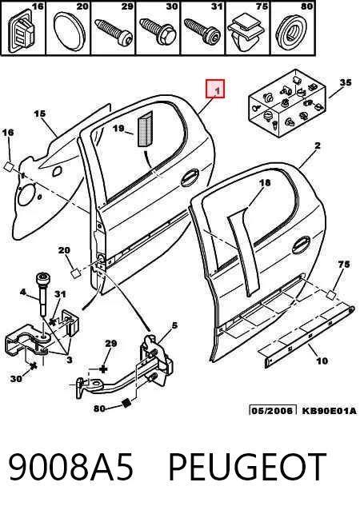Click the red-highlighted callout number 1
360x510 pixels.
tap(215, 89)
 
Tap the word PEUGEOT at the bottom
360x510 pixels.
tap(247, 467)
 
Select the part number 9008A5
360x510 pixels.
tap(70, 467)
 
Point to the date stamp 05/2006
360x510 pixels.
tap(273, 410)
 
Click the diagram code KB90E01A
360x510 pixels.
tap(329, 410)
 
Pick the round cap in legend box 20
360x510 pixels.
tap(69, 31)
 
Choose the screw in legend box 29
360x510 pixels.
tap(114, 30)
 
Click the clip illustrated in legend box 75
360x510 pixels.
tap(245, 34)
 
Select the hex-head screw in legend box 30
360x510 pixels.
tap(158, 30)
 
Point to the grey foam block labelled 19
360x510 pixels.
tap(145, 129)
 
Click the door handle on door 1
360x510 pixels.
tap(190, 177)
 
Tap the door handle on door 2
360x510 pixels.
tap(301, 245)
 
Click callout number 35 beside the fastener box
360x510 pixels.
tap(346, 82)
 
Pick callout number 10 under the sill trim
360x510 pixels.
tap(322, 361)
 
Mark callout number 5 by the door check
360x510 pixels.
tap(174, 325)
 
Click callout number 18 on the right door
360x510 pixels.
tap(265, 183)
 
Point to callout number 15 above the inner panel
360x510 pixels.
tap(40, 114)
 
